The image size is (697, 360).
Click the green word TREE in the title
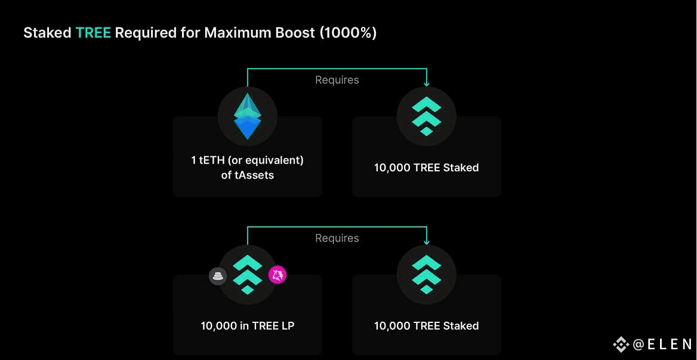(93, 33)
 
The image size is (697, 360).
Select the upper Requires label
(337, 80)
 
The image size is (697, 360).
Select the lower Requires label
(337, 238)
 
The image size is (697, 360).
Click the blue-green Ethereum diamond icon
(248, 116)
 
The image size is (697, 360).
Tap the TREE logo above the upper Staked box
(426, 116)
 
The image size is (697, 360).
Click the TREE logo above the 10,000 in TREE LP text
(248, 275)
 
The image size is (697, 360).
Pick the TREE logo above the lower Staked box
(426, 275)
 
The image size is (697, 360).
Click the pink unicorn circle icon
(277, 275)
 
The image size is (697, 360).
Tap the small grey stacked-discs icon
(218, 276)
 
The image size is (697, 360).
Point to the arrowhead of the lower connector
(426, 242)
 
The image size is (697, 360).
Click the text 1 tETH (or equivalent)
(248, 161)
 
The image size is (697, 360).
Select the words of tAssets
(248, 175)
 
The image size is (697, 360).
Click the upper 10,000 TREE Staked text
(426, 168)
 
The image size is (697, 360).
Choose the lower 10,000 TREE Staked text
(426, 326)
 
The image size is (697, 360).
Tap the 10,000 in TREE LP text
(248, 326)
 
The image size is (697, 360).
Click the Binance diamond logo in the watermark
(621, 344)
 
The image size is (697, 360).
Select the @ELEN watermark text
(662, 344)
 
